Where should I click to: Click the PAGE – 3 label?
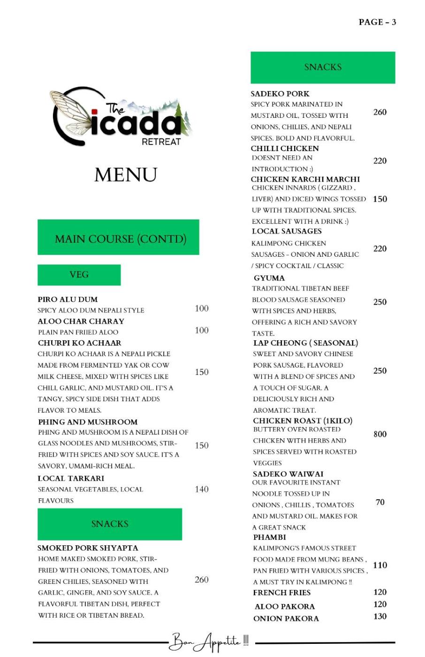tap(377, 22)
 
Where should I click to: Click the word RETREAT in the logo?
tap(161, 141)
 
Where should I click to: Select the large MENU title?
tap(126, 175)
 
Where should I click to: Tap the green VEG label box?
tap(79, 275)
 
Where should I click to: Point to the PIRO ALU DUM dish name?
tap(68, 299)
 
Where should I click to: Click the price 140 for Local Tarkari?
tap(202, 489)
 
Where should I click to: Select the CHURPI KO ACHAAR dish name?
tap(79, 343)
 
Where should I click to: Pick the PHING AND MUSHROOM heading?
tap(88, 422)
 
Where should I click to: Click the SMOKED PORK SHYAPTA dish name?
tap(88, 548)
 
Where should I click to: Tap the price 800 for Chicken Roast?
tap(380, 434)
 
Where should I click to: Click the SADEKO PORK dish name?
tap(280, 94)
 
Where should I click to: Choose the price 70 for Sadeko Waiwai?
tap(380, 502)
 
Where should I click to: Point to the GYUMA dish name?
tap(269, 278)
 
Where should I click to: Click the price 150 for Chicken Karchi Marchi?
tap(380, 199)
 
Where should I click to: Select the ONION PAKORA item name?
tap(286, 619)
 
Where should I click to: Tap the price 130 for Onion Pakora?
tap(380, 617)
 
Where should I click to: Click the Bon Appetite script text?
tap(210, 642)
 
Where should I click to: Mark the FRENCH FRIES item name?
tap(282, 593)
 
